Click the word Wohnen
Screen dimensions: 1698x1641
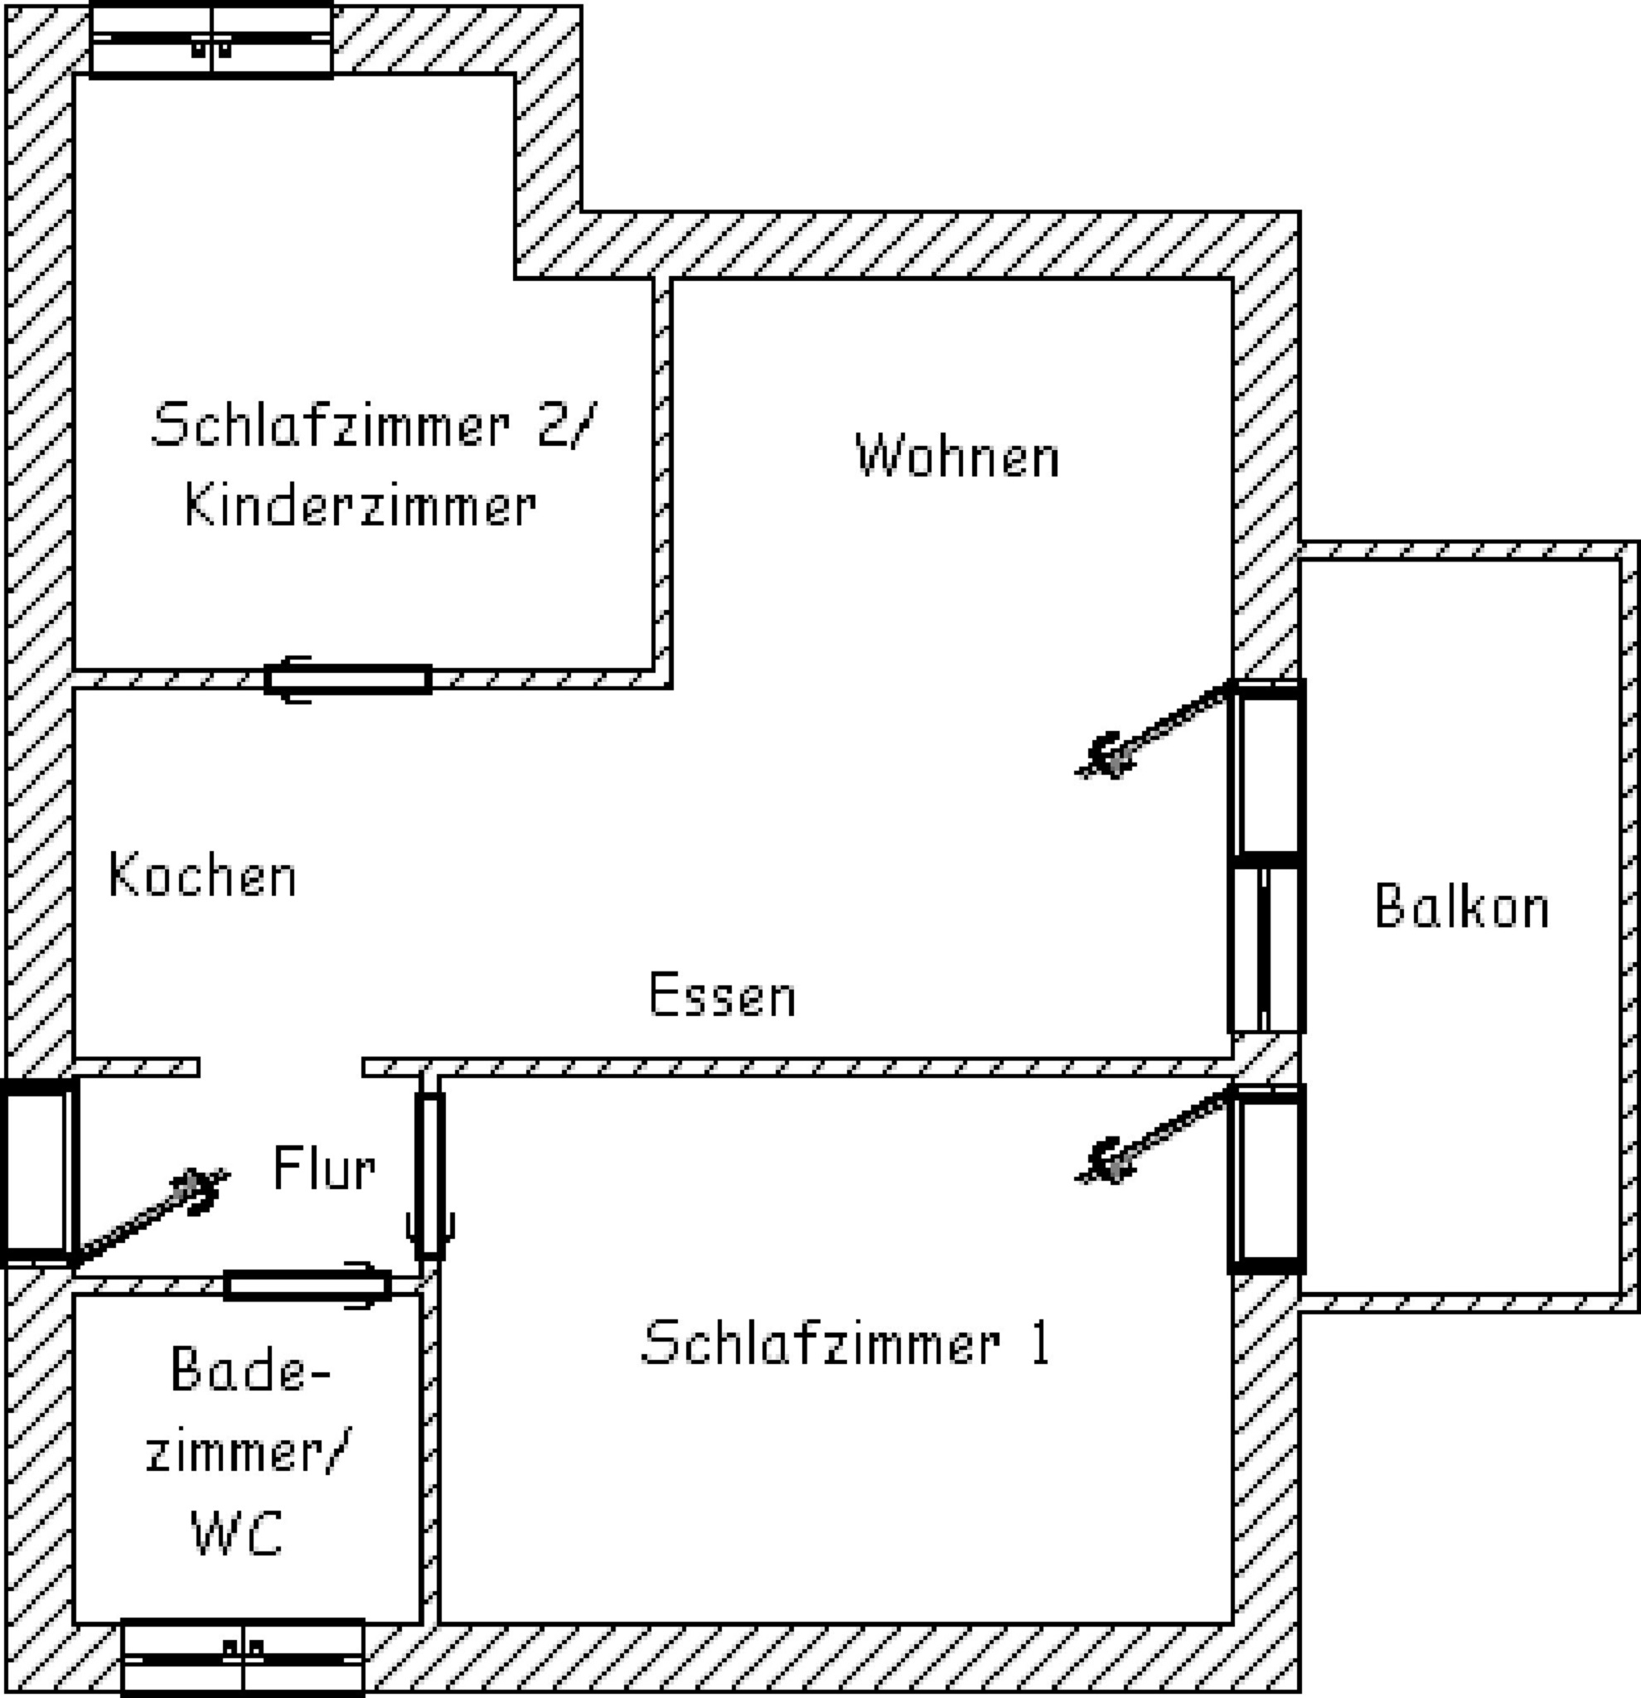[x=956, y=456]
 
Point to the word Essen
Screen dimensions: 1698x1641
[x=722, y=994]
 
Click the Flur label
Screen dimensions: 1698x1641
[x=324, y=1168]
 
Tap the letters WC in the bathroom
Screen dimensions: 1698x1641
[x=236, y=1533]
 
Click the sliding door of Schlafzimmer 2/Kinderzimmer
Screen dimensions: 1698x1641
[x=348, y=680]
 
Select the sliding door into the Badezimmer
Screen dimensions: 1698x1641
[x=307, y=1284]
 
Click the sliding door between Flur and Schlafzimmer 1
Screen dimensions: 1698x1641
[x=430, y=1176]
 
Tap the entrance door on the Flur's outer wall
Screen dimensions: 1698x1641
[x=38, y=1172]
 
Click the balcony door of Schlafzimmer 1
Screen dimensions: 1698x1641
[x=1266, y=1178]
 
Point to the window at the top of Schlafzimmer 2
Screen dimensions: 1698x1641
[x=211, y=40]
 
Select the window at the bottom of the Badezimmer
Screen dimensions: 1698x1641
[x=243, y=1657]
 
